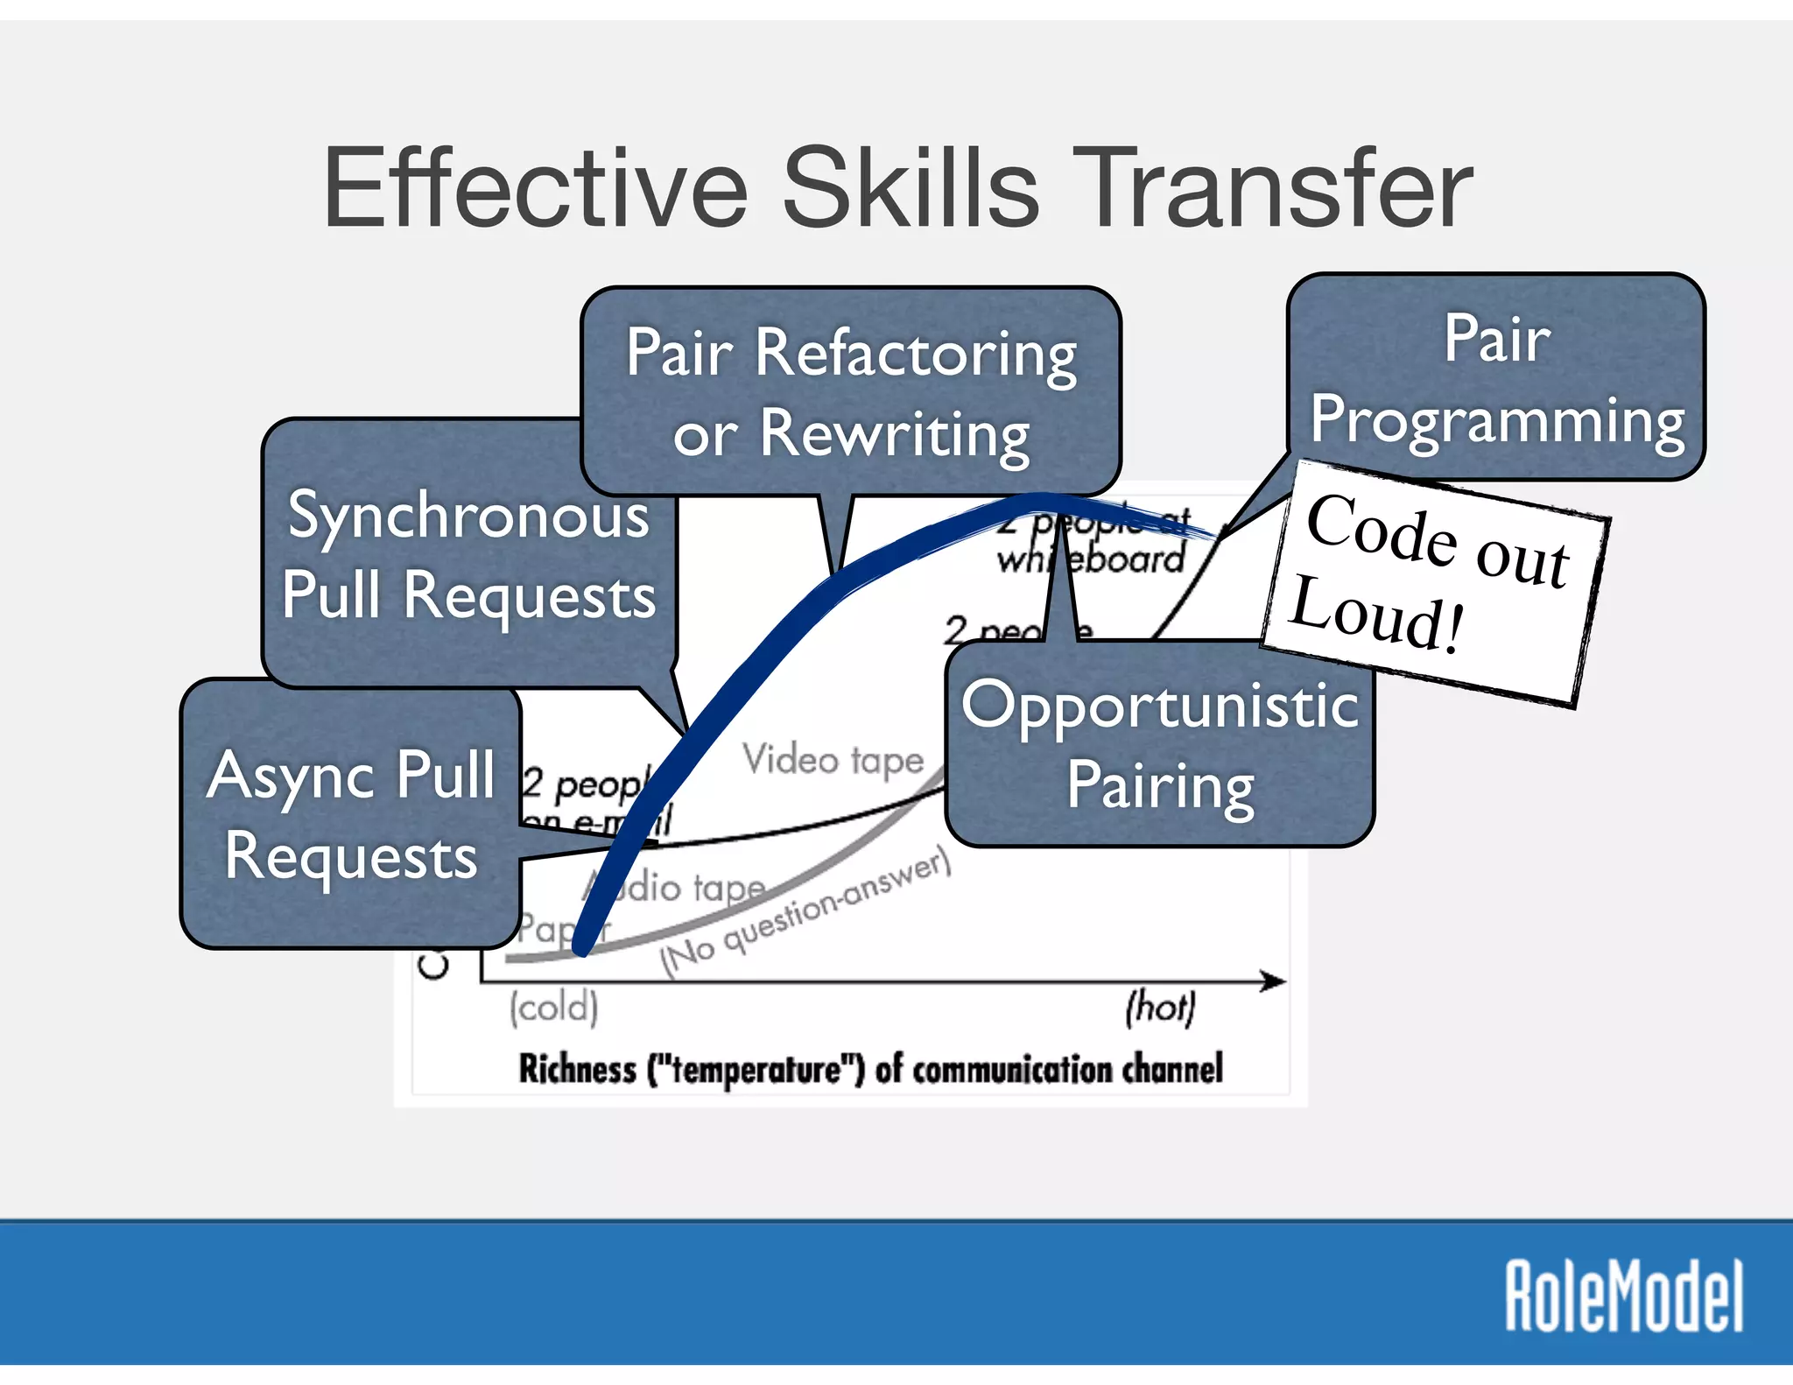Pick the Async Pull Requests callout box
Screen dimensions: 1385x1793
pyautogui.click(x=350, y=814)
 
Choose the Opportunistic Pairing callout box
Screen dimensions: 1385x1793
pyautogui.click(x=1160, y=744)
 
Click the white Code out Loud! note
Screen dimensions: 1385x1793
pyautogui.click(x=1436, y=578)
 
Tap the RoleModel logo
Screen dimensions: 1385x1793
pyautogui.click(x=1624, y=1296)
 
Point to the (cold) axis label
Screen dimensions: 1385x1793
pyautogui.click(x=554, y=1007)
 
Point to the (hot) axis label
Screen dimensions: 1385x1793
pyautogui.click(x=1160, y=1007)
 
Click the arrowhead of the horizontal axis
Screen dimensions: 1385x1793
pyautogui.click(x=1276, y=981)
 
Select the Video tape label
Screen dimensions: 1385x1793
pyautogui.click(x=833, y=760)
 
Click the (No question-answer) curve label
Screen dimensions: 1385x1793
pyautogui.click(x=805, y=915)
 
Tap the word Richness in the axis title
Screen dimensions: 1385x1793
pyautogui.click(x=578, y=1069)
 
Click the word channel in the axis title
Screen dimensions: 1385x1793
pyautogui.click(x=1173, y=1069)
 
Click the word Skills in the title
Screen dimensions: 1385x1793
pyautogui.click(x=911, y=189)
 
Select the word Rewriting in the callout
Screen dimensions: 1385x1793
pyautogui.click(x=895, y=433)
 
